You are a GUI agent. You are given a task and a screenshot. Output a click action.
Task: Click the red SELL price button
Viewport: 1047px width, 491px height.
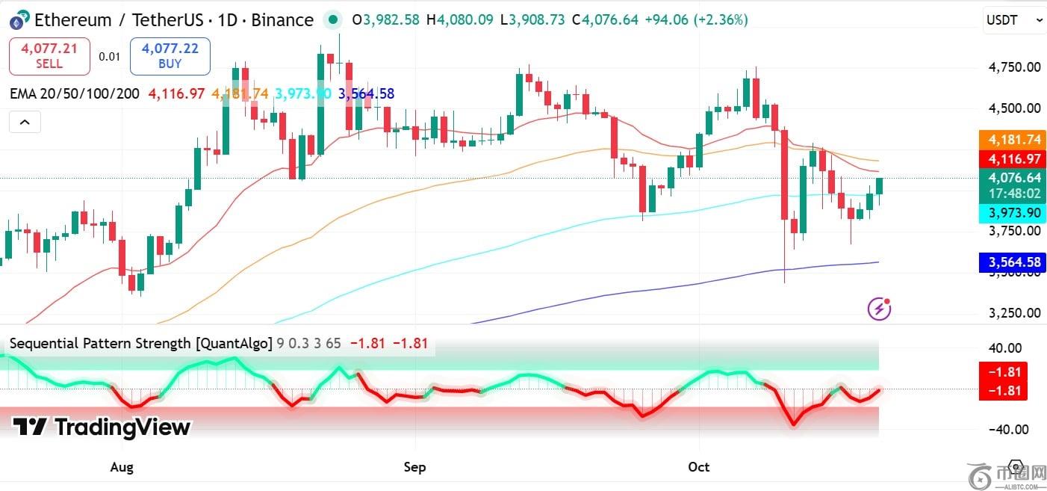click(x=49, y=56)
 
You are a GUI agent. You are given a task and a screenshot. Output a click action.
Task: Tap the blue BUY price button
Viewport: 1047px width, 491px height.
click(x=170, y=56)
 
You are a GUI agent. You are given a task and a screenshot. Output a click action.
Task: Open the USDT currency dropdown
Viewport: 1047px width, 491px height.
click(x=1014, y=20)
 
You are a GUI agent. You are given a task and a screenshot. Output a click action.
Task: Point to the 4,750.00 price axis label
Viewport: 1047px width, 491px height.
click(x=1014, y=67)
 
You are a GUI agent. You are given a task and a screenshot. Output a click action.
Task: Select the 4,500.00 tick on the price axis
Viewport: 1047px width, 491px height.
click(x=1014, y=108)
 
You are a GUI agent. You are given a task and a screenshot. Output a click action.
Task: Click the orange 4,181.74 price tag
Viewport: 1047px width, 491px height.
click(x=1014, y=140)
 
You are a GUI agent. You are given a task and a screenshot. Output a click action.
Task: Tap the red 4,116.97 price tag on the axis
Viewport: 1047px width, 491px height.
click(x=1014, y=158)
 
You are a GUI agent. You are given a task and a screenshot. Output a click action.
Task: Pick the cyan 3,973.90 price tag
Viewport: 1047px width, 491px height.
click(x=1014, y=213)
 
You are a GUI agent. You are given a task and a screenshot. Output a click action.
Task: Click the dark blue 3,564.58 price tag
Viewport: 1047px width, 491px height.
click(x=1014, y=262)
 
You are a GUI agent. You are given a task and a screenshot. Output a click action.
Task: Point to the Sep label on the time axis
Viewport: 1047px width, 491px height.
click(x=414, y=467)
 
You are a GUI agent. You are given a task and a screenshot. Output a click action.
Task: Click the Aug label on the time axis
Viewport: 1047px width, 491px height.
click(x=122, y=467)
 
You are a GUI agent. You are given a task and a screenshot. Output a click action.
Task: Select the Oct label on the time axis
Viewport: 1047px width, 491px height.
click(x=698, y=467)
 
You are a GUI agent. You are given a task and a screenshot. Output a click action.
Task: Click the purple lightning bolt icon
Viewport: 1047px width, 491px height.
click(x=879, y=308)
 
